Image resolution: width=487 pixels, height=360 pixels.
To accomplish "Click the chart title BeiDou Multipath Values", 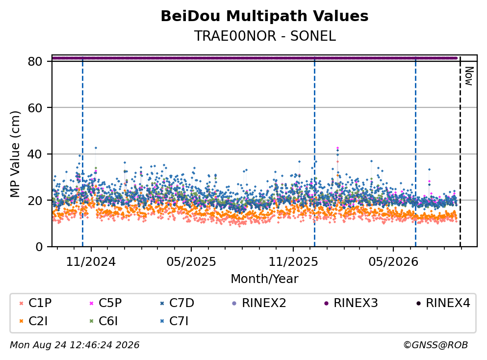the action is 264,16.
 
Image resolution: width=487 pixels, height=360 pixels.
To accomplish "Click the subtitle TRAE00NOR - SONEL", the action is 265,36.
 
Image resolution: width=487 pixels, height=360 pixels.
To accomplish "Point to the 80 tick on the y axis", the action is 35,61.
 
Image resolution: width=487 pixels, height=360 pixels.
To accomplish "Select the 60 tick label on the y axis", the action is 35,108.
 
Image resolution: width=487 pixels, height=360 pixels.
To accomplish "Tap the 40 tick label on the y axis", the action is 35,154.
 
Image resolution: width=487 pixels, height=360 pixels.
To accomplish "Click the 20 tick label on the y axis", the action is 35,200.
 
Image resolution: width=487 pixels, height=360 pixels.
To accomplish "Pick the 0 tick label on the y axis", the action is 39,247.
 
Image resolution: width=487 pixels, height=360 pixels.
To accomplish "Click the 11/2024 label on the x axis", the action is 91,262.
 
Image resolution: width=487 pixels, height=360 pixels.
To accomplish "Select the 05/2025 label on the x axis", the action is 191,262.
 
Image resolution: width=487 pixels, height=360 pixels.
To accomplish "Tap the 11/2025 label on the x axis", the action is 293,262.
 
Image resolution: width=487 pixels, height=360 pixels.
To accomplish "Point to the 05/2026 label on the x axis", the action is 393,262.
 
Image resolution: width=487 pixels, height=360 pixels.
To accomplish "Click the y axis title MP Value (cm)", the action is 15,154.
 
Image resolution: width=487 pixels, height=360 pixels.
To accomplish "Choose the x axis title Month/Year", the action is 264,279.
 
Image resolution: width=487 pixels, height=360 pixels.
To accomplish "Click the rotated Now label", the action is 469,76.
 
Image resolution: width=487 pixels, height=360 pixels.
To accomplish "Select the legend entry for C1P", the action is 35,303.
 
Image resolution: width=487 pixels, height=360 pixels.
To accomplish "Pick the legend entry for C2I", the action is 33,321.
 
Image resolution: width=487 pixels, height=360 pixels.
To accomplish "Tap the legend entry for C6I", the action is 103,321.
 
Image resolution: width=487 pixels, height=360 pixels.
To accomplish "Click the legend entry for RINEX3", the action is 351,303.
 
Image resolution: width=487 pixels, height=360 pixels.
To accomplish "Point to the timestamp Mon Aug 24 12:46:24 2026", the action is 75,345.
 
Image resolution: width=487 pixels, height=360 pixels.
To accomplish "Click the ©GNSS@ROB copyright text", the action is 436,345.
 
